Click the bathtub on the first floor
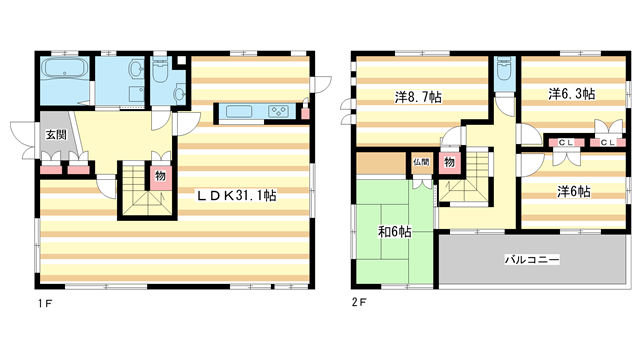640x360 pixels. (x=65, y=68)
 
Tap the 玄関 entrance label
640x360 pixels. (x=56, y=134)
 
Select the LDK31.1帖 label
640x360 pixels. (x=237, y=196)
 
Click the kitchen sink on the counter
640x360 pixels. (x=239, y=111)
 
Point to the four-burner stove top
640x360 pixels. (x=278, y=111)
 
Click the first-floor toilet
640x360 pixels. (x=160, y=70)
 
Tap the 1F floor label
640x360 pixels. (x=45, y=303)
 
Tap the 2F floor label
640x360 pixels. (x=359, y=302)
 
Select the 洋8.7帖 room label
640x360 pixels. (x=418, y=97)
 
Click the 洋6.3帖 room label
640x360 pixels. (x=571, y=94)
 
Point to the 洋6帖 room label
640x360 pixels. (x=573, y=191)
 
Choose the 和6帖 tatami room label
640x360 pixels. (x=394, y=232)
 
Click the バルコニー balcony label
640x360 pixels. (x=532, y=260)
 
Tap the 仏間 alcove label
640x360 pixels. (x=421, y=162)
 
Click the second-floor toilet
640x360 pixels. (x=504, y=69)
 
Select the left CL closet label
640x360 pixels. (x=566, y=142)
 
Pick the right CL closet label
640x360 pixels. (x=608, y=142)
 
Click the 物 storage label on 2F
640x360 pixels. (x=449, y=162)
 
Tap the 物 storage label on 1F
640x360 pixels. (x=160, y=176)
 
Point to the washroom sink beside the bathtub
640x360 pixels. (x=136, y=68)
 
